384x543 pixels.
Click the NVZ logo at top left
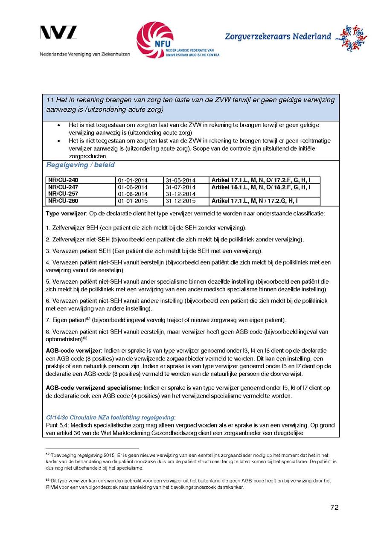point(58,33)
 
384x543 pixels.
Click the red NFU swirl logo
point(154,40)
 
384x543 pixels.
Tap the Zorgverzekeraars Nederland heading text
point(278,36)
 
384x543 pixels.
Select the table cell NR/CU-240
point(63,180)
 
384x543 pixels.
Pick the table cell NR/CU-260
point(63,201)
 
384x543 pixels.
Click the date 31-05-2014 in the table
point(180,180)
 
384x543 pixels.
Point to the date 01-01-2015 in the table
point(133,201)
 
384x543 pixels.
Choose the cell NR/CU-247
point(63,187)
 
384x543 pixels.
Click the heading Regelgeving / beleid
point(80,165)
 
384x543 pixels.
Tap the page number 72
point(334,507)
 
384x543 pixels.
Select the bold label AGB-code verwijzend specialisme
point(93,388)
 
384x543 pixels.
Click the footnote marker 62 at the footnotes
point(47,455)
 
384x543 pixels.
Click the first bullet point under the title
point(58,125)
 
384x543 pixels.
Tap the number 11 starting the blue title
point(49,100)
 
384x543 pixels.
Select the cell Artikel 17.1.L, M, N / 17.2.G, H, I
point(255,201)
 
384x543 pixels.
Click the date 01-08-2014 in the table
point(133,194)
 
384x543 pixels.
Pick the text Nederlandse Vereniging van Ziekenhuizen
point(85,54)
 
